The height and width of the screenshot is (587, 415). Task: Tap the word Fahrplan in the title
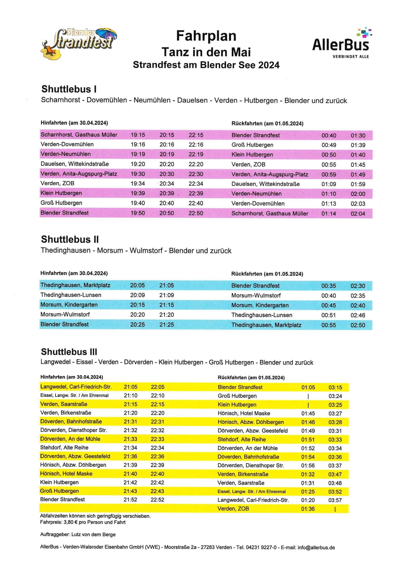[x=206, y=36]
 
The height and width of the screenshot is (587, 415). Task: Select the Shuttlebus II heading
[x=69, y=239]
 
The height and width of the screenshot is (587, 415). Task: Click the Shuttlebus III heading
[x=69, y=352]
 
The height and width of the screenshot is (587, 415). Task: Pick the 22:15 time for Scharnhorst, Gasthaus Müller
[x=196, y=135]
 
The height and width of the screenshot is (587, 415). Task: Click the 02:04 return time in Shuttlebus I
[x=358, y=214]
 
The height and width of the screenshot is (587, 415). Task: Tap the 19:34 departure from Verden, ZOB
[x=138, y=184]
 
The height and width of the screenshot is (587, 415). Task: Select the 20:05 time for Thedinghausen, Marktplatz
[x=137, y=285]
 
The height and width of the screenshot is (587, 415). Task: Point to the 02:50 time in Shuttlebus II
[x=358, y=325]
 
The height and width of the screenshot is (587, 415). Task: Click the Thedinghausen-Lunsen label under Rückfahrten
[x=262, y=315]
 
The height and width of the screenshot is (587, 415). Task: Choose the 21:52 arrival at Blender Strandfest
[x=130, y=500]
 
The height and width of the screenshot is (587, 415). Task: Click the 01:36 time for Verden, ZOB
[x=308, y=509]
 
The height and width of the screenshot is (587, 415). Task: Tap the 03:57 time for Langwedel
[x=335, y=500]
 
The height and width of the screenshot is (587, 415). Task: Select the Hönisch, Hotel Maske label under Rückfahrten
[x=244, y=413]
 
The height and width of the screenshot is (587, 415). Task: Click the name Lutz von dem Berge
[x=93, y=534]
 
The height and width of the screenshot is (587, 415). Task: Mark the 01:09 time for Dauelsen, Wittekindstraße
[x=329, y=184]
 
